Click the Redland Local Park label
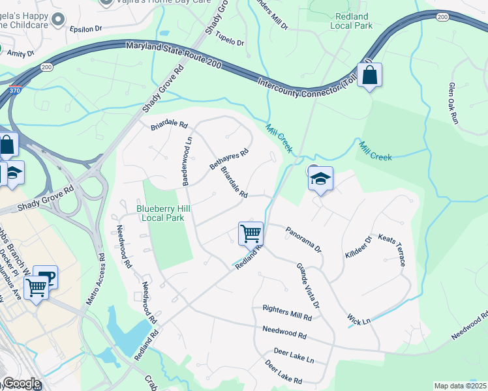[353, 21]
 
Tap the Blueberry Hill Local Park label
[160, 213]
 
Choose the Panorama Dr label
[303, 239]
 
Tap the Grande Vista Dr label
[308, 286]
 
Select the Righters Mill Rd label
[287, 311]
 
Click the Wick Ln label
[359, 321]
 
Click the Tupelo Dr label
[229, 39]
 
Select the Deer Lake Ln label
[294, 356]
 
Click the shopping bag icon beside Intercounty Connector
[369, 76]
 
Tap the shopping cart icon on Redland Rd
[251, 233]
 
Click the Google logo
[21, 384]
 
